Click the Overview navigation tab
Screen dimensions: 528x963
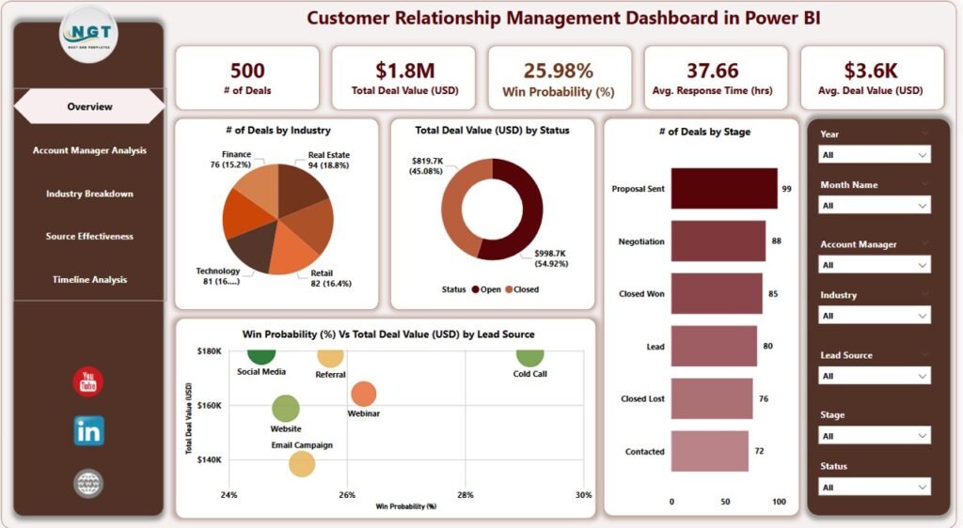point(89,106)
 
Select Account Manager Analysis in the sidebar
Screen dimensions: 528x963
point(89,150)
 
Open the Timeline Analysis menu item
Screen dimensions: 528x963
point(89,279)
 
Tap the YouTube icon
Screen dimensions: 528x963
point(88,381)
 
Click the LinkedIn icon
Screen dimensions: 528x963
point(88,431)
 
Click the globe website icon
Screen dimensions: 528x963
point(88,484)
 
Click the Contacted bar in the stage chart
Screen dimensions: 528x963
point(708,451)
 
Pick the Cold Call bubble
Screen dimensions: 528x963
point(530,355)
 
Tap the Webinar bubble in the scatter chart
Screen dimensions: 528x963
point(364,395)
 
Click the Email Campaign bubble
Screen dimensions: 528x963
point(302,462)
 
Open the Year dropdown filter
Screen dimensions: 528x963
point(875,154)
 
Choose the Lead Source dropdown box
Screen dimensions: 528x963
point(875,376)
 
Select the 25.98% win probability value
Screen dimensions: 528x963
point(559,70)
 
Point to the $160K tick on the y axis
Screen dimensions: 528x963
point(209,406)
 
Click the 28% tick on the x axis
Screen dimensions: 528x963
point(466,495)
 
